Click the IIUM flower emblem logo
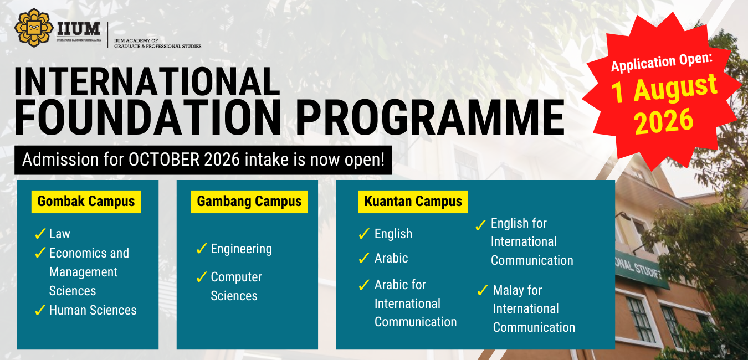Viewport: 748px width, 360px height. tap(34, 27)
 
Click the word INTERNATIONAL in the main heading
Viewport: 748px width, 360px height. tap(147, 82)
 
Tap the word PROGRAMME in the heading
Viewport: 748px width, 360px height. tap(430, 117)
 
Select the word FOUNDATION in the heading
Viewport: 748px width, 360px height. tap(147, 117)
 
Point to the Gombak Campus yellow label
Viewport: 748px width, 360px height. tap(86, 202)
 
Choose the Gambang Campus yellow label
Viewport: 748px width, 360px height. tap(249, 202)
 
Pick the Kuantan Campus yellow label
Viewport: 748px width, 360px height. tap(413, 202)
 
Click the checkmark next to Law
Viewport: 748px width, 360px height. tap(40, 234)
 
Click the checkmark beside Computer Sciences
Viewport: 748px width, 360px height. tap(202, 277)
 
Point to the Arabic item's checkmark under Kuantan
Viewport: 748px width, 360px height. tap(364, 258)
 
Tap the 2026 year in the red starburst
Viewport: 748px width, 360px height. tap(664, 122)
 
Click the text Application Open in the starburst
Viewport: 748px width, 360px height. tap(662, 63)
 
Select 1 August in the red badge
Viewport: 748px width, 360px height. tap(664, 89)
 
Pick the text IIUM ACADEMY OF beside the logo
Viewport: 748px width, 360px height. tap(136, 40)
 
